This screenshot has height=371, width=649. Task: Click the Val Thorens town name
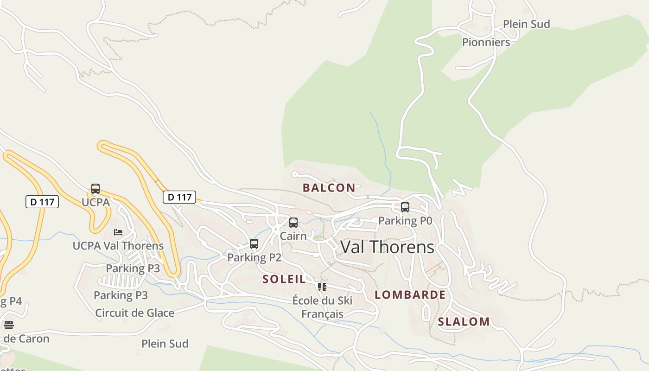[x=387, y=247]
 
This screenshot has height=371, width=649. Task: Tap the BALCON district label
[x=329, y=188]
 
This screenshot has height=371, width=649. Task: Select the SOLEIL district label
[x=284, y=279]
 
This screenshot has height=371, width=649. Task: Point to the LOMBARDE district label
[x=410, y=295]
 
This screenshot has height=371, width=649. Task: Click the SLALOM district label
[x=464, y=322]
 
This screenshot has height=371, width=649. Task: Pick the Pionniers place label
[x=486, y=42]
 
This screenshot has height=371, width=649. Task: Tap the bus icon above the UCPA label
[x=95, y=189]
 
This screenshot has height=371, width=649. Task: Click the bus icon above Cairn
[x=293, y=223]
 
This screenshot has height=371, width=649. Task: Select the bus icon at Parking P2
[x=254, y=244]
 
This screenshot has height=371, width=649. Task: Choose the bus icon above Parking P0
[x=405, y=207]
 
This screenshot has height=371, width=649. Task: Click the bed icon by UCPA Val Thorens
[x=118, y=232]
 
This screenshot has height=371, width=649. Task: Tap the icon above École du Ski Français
[x=322, y=287]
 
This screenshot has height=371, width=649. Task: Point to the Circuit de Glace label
[x=134, y=313]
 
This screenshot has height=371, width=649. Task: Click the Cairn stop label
[x=293, y=236]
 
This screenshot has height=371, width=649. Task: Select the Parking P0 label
[x=405, y=221]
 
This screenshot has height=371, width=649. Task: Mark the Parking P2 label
[x=254, y=257]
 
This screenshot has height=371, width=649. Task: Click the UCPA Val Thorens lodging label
[x=118, y=246]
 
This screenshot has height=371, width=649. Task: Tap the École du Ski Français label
[x=322, y=307]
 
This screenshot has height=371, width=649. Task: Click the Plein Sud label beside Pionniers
[x=526, y=24]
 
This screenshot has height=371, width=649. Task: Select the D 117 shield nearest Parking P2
[x=179, y=197]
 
